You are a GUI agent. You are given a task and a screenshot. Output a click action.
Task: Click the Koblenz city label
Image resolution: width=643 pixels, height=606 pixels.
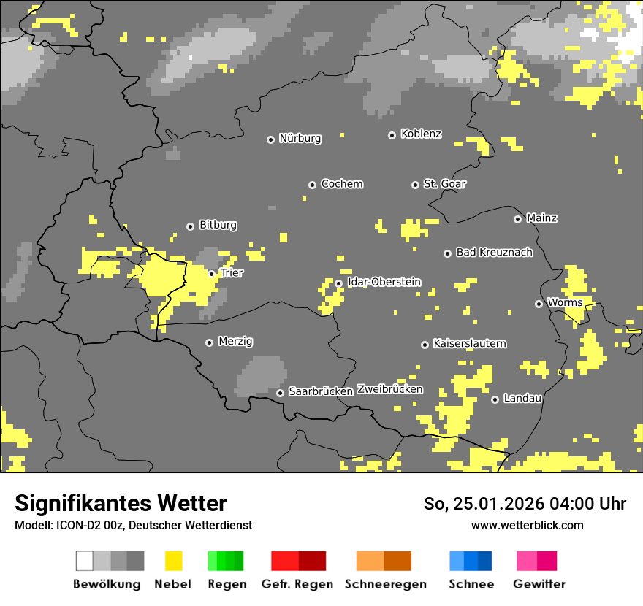tap(422, 134)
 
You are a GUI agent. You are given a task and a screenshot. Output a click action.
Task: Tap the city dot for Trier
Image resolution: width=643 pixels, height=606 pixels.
tap(212, 274)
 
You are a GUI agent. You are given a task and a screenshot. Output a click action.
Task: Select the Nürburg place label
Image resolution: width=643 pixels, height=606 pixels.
tap(300, 138)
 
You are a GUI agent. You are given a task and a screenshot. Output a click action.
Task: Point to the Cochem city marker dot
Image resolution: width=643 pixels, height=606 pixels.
tap(312, 185)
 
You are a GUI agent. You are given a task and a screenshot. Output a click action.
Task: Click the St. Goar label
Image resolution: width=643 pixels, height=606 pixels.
tap(445, 184)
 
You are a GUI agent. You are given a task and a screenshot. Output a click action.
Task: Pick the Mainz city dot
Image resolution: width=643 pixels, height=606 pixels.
tap(517, 219)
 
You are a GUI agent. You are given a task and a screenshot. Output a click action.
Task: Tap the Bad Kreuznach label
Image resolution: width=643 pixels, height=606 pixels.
tap(494, 252)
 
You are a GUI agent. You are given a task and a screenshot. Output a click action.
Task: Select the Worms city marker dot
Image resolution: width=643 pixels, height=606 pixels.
tap(539, 304)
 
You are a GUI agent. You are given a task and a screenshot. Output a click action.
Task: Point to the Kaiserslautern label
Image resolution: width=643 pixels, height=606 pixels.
tap(470, 343)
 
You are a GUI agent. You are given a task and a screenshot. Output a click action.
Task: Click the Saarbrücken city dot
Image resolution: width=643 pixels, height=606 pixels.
tap(280, 393)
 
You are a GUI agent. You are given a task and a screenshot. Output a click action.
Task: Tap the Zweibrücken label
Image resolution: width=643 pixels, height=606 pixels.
tap(389, 389)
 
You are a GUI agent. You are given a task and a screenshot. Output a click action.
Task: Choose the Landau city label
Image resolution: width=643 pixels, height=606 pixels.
tap(522, 398)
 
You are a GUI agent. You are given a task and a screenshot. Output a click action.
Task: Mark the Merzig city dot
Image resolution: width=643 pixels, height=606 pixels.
tap(209, 342)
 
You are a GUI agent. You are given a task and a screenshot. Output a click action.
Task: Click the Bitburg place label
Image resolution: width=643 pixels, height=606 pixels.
tap(218, 225)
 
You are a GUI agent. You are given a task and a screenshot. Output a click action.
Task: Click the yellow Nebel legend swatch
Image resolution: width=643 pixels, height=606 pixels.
tap(173, 561)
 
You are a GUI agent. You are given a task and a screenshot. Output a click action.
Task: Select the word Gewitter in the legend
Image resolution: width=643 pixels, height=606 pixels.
tap(539, 584)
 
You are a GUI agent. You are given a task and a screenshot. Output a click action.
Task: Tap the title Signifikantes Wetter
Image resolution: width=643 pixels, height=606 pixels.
tap(121, 503)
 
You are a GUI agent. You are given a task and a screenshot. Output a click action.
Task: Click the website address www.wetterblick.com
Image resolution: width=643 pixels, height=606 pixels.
tap(528, 525)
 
